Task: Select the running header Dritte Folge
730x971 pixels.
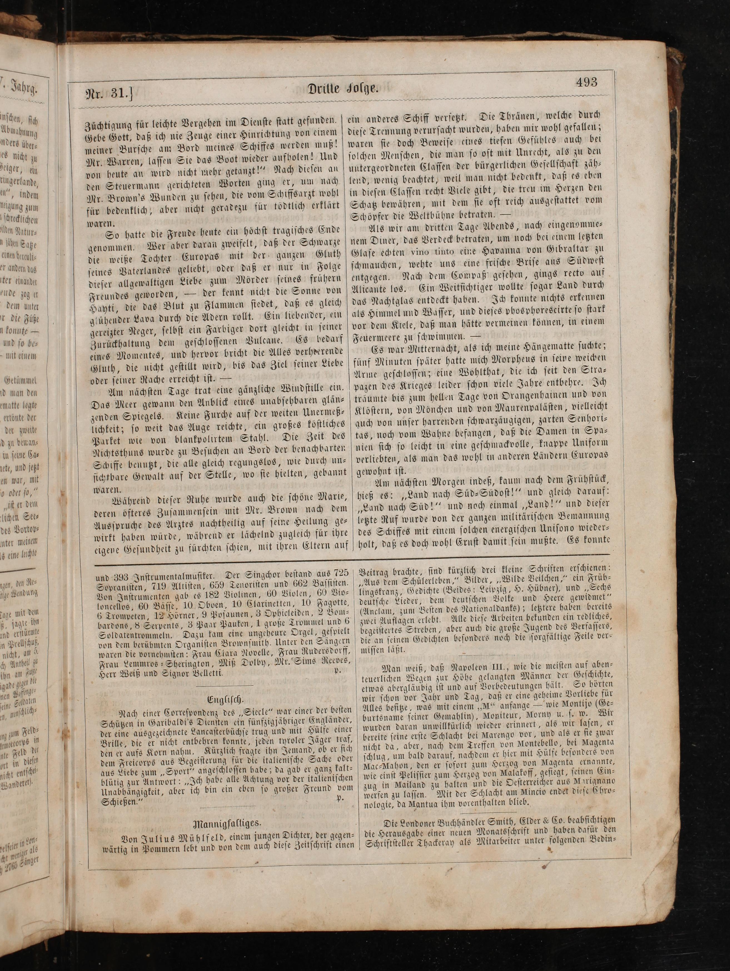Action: coord(343,88)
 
